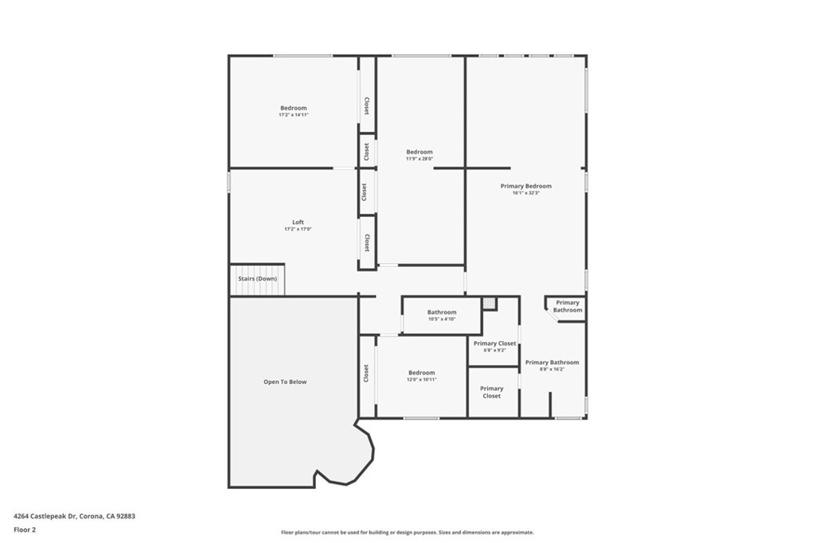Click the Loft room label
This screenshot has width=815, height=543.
point(298,222)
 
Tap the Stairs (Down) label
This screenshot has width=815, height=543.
point(257,279)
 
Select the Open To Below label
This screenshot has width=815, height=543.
point(285,382)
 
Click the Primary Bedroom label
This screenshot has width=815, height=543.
point(525,186)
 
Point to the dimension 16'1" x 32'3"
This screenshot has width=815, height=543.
point(525,193)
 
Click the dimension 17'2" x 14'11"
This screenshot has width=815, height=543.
point(293,115)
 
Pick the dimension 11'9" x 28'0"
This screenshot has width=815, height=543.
point(419,159)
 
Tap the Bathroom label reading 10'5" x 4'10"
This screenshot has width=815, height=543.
point(442,312)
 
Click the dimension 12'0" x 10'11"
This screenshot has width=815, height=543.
point(422,380)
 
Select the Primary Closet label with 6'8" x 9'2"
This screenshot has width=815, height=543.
point(494,343)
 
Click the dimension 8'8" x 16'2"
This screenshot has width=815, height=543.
point(552,369)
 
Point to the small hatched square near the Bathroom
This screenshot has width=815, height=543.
point(489,303)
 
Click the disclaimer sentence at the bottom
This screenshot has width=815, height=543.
point(407,533)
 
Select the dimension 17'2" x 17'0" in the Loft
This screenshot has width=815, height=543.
point(298,229)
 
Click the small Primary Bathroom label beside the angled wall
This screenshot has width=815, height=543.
point(567,306)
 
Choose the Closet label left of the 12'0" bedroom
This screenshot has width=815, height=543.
point(366,373)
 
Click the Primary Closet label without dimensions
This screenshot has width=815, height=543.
point(491,392)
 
